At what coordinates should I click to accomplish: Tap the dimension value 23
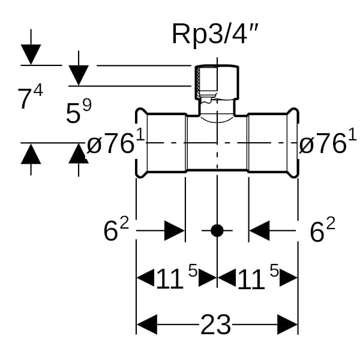(x=215, y=325)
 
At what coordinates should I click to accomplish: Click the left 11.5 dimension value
(x=176, y=277)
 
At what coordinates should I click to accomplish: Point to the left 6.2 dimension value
(x=116, y=230)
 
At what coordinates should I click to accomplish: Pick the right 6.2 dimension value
(x=322, y=230)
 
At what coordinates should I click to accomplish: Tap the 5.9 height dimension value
(x=79, y=112)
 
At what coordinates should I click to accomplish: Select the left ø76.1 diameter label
(x=116, y=144)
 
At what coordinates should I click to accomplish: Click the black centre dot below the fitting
(x=217, y=230)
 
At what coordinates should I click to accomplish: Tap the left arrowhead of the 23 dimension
(x=147, y=325)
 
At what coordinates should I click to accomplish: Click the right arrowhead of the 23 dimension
(x=288, y=325)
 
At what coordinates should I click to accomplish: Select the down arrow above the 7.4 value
(x=31, y=54)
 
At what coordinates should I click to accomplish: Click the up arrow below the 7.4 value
(x=31, y=154)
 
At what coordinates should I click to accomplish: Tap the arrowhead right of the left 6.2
(x=175, y=230)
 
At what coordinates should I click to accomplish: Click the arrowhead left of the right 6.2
(x=259, y=230)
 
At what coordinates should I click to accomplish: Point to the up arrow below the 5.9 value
(x=79, y=154)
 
